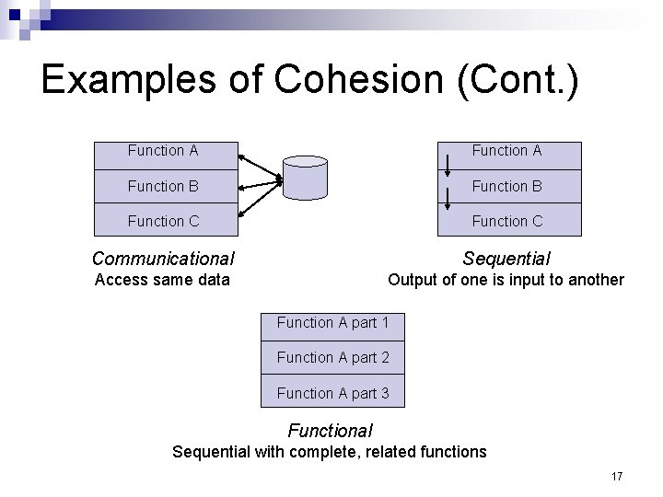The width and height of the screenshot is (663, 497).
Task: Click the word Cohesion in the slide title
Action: click(x=344, y=80)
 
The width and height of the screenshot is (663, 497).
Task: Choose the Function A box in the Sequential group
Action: click(x=507, y=151)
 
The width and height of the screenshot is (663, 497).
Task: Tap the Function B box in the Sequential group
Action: click(x=507, y=186)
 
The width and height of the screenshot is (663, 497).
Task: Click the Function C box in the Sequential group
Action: click(x=507, y=221)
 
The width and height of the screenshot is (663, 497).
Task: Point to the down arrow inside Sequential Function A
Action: click(x=448, y=165)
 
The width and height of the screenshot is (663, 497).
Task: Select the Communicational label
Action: click(x=163, y=260)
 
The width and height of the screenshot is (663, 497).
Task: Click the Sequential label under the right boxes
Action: click(x=506, y=260)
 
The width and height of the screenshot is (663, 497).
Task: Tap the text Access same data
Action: click(x=163, y=280)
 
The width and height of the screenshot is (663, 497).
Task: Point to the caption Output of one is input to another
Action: click(x=506, y=280)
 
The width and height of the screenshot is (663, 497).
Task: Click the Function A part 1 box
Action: click(x=332, y=323)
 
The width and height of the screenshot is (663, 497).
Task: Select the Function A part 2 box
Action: click(x=332, y=357)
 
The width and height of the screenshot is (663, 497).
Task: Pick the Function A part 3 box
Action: click(x=332, y=393)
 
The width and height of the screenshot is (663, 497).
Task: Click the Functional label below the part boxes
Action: click(x=330, y=430)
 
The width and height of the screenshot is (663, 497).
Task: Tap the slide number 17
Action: click(x=616, y=476)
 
